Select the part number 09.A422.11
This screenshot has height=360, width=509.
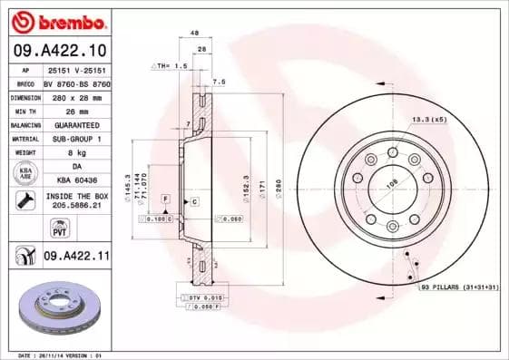point(75,258)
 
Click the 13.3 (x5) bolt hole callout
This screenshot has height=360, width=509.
point(429,119)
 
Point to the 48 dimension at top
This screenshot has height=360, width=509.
point(194,34)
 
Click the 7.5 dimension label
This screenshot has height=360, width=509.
point(219,82)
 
